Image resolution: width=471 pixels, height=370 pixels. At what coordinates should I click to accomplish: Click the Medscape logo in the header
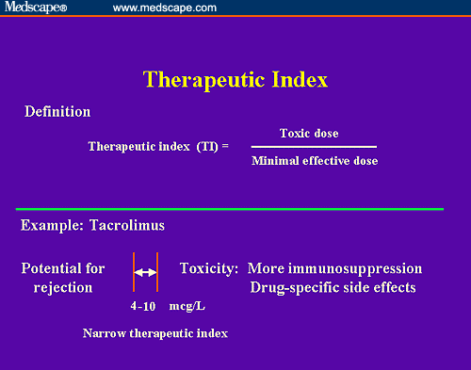pos(35,8)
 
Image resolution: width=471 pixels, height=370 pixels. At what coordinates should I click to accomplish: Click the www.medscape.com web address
pos(164,8)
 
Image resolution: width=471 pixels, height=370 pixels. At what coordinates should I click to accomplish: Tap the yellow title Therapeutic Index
pos(235,79)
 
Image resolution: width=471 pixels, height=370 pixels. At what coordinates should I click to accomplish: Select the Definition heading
pos(57,112)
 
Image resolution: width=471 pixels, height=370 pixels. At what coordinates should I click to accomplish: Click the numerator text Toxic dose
pos(309,134)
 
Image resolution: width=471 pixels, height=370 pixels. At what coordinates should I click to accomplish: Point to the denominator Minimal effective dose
pos(315,161)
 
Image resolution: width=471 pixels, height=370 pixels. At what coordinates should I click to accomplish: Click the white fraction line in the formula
pos(314,147)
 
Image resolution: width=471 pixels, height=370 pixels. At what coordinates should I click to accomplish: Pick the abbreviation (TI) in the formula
pos(207,147)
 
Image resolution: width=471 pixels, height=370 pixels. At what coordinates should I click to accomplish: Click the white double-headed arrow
pos(146,273)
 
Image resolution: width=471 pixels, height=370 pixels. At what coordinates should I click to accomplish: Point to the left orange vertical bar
pos(134,273)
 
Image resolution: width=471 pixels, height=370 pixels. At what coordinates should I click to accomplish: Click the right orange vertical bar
pos(157,273)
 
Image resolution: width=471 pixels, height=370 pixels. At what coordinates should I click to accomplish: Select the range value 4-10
pos(142,307)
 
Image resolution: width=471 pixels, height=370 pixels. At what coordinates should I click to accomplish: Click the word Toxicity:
pos(210,268)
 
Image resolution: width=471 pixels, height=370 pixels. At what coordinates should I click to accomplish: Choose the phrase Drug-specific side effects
pos(334,287)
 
